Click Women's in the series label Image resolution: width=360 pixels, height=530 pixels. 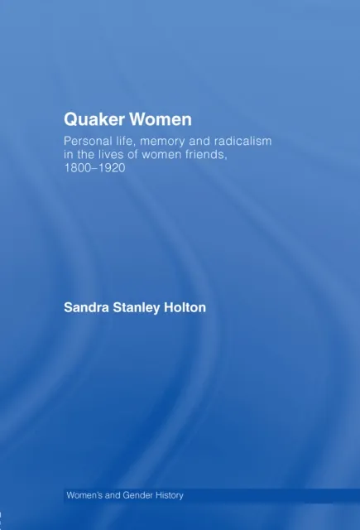click(87, 495)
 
